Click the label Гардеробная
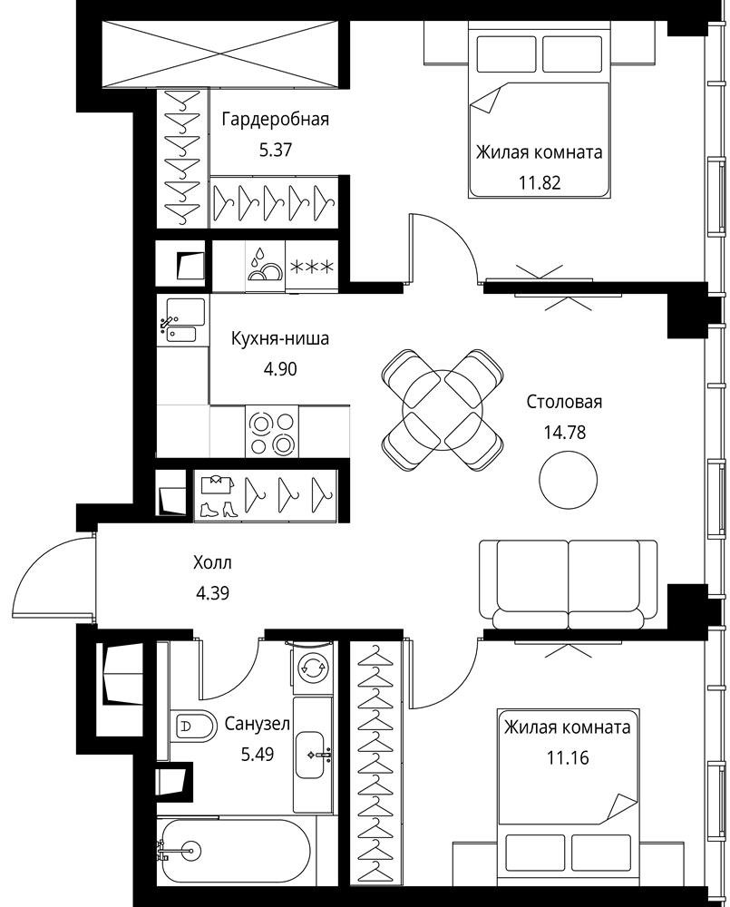276,120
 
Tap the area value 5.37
276,151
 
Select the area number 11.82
540,183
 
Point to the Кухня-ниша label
280,337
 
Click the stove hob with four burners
272,431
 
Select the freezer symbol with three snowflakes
311,267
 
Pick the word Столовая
564,402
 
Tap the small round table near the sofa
568,478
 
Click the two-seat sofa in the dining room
569,584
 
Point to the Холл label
212,562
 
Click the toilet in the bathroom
193,725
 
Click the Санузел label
258,724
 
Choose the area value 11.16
568,757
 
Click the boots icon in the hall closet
216,510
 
